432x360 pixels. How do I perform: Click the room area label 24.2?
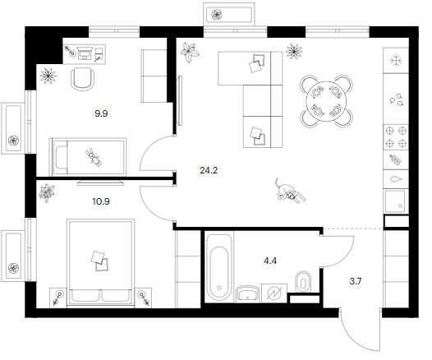(209, 170)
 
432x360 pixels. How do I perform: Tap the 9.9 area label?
(101, 113)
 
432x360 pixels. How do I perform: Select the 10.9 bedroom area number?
(101, 201)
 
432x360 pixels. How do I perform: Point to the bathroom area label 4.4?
(270, 261)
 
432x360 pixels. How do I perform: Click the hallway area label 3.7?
(356, 281)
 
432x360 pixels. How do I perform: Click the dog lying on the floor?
(289, 191)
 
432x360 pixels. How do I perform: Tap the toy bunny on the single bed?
(94, 157)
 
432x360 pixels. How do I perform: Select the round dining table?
(326, 100)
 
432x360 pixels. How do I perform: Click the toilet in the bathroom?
(303, 282)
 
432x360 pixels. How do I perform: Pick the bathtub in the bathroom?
(219, 267)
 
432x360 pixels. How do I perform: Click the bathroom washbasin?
(248, 294)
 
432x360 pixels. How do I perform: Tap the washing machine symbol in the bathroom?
(274, 293)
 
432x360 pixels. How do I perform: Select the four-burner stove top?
(396, 136)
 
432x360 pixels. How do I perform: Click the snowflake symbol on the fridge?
(396, 61)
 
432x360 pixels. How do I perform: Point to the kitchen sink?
(395, 202)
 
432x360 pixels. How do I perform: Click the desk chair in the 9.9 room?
(83, 79)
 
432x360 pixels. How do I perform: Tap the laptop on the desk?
(85, 53)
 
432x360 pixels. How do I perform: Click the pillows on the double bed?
(99, 261)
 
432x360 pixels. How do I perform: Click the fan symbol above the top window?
(217, 15)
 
